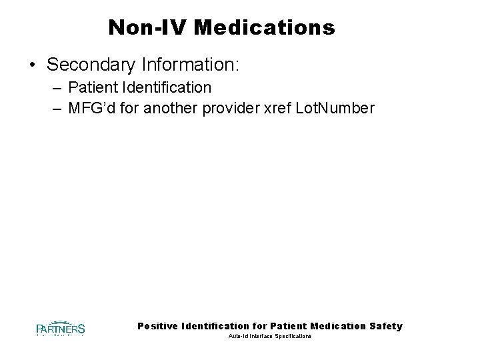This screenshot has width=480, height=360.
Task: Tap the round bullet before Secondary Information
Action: [33, 65]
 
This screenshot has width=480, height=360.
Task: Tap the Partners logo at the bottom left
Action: [60, 329]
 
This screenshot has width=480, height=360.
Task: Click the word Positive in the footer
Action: [158, 326]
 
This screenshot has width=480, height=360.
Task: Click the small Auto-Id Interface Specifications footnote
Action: [269, 337]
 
